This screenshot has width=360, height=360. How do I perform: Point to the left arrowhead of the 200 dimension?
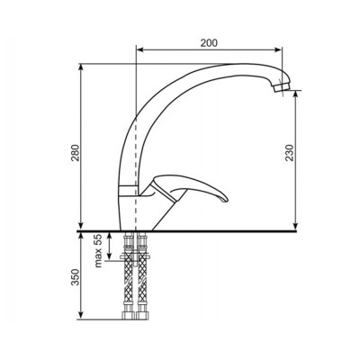(x=137, y=50)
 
